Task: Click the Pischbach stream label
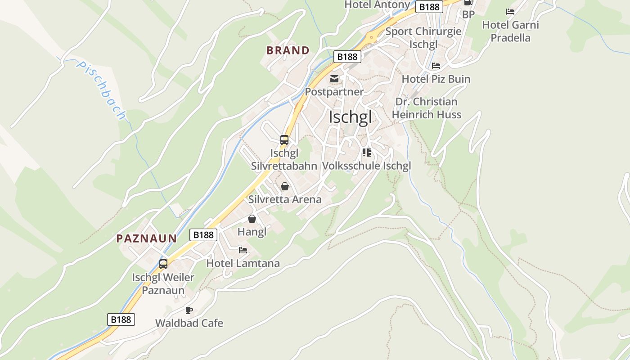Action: pyautogui.click(x=101, y=90)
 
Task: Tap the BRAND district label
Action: pyautogui.click(x=288, y=50)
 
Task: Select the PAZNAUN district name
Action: pyautogui.click(x=147, y=238)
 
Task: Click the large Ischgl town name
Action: pyautogui.click(x=351, y=117)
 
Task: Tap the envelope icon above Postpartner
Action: pyautogui.click(x=334, y=79)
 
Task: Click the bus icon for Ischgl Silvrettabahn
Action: pyautogui.click(x=284, y=140)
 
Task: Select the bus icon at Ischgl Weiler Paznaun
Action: pyautogui.click(x=163, y=264)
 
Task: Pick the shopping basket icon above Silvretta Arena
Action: pyautogui.click(x=285, y=186)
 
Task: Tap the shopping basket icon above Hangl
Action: pyautogui.click(x=252, y=219)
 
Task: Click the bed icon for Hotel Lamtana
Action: pyautogui.click(x=243, y=250)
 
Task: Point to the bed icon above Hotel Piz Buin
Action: pyautogui.click(x=436, y=66)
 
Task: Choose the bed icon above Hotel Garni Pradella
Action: pyautogui.click(x=510, y=12)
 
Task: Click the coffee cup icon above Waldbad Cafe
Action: pyautogui.click(x=189, y=310)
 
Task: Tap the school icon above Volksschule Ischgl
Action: pyautogui.click(x=367, y=153)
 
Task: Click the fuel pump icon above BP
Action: pyautogui.click(x=468, y=3)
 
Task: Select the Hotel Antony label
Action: pyautogui.click(x=377, y=5)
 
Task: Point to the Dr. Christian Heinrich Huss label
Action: pyautogui.click(x=426, y=108)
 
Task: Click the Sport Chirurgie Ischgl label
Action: pyautogui.click(x=423, y=38)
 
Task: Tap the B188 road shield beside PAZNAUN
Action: pyautogui.click(x=203, y=234)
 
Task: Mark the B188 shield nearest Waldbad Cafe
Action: pyautogui.click(x=121, y=319)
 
